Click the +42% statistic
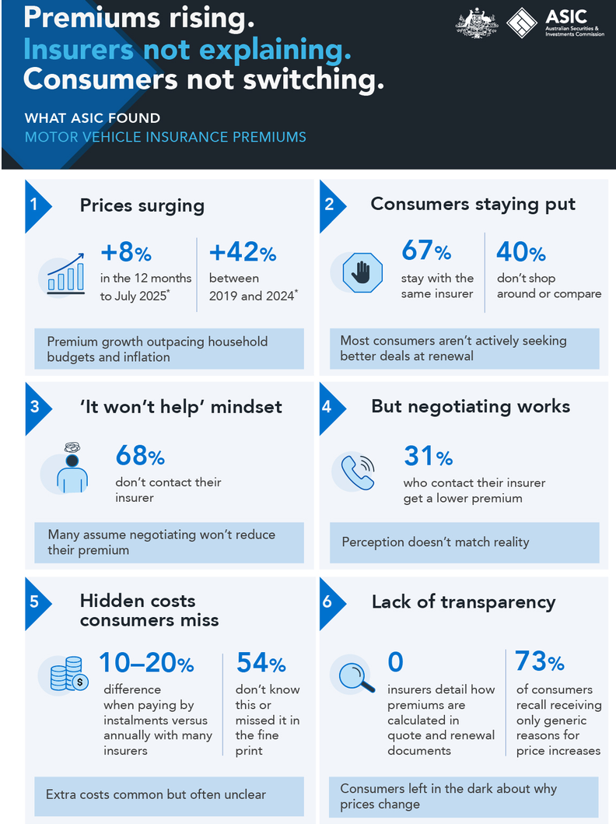243,252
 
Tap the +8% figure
126,252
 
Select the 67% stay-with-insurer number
426,251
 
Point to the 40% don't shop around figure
521,252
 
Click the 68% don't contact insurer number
140,456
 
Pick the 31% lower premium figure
428,456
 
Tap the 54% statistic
261,663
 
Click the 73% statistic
539,661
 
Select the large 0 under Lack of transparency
395,662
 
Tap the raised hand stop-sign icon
362,273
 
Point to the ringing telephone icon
358,472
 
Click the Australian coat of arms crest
477,23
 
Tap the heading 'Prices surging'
142,206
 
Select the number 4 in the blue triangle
327,407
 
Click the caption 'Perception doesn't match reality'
436,542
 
